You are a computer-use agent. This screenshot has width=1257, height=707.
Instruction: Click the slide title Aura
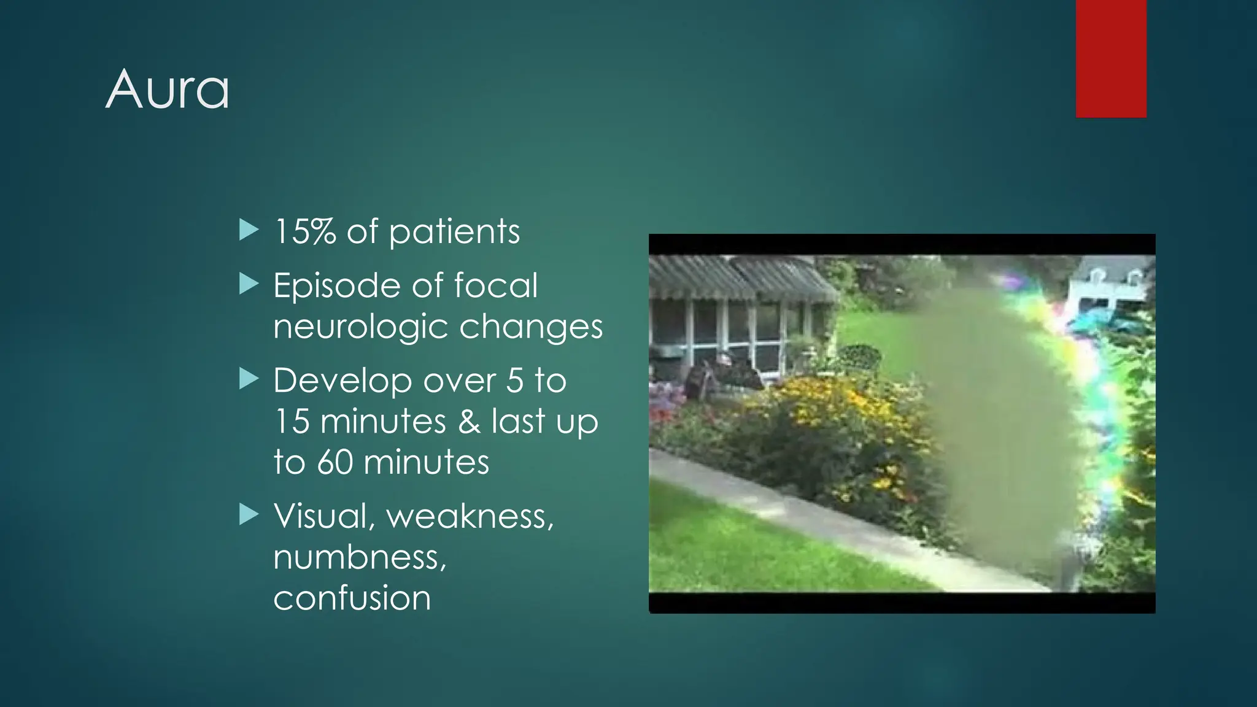point(168,90)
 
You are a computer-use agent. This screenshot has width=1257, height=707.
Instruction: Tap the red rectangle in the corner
point(1111,58)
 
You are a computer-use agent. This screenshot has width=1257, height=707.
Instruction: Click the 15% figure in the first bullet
point(305,232)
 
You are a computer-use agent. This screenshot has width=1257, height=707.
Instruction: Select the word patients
point(454,232)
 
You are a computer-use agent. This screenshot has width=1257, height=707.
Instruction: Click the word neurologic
point(360,327)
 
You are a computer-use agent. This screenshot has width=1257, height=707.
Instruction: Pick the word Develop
point(342,381)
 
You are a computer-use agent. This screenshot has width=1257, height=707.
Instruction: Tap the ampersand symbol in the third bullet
point(470,422)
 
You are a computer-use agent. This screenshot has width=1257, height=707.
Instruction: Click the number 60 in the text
point(335,463)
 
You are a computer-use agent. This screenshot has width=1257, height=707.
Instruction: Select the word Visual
point(320,516)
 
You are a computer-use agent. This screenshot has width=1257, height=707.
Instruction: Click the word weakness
point(470,517)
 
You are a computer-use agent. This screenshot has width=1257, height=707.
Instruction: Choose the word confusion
point(352,598)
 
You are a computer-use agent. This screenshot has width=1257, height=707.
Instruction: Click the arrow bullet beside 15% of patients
point(249,230)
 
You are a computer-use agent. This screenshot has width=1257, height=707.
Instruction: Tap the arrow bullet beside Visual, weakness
point(249,514)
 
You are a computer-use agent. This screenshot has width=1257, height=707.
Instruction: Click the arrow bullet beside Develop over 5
point(249,379)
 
